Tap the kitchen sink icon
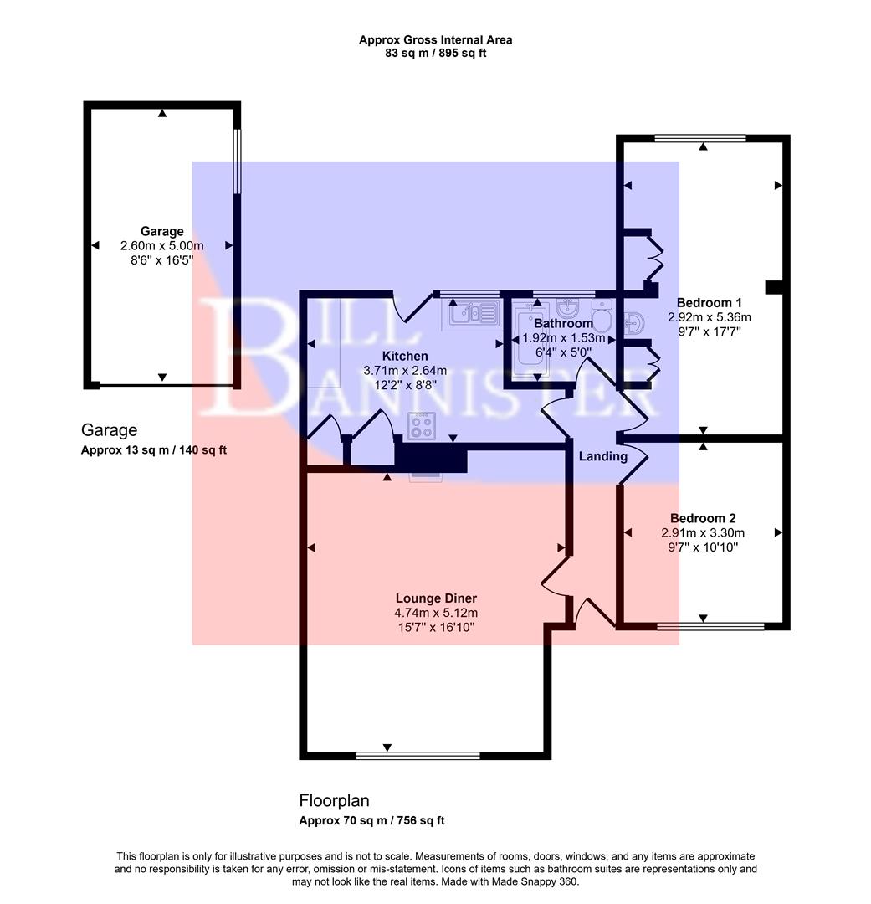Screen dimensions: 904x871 tap(473, 314)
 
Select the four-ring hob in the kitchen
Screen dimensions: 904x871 tap(422, 426)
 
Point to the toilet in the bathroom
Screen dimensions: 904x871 tap(602, 317)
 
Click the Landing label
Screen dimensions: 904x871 tap(602, 456)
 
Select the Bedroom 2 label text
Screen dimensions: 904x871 tap(703, 518)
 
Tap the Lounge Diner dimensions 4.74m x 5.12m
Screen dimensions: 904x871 tap(436, 613)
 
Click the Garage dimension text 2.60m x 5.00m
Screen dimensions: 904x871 tap(161, 245)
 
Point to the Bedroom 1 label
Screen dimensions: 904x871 tap(709, 302)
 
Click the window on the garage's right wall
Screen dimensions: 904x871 tap(237, 160)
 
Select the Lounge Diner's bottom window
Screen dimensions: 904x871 tap(418, 755)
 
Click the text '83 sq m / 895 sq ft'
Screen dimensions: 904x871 tap(435, 53)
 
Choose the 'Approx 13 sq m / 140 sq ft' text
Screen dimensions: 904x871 tap(154, 449)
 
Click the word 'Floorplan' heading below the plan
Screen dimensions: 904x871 tap(334, 800)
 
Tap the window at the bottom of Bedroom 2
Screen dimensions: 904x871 tap(710, 625)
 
